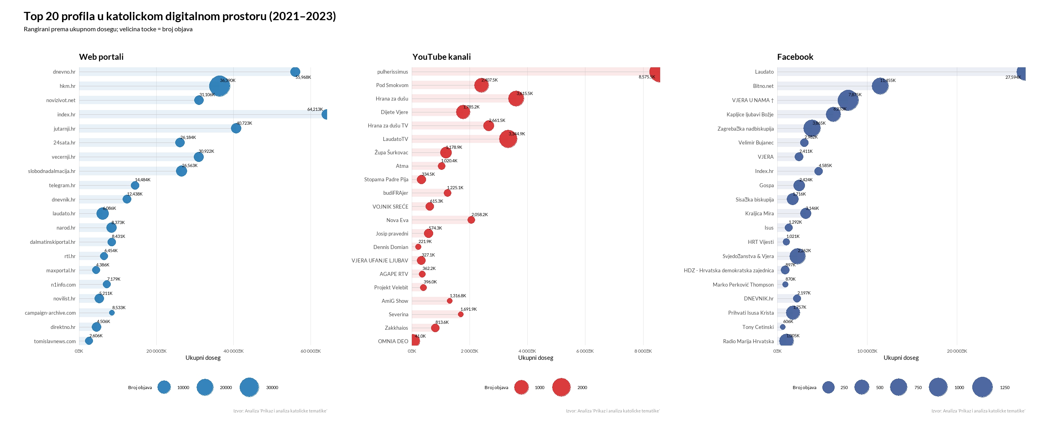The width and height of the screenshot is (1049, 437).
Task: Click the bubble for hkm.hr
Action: [220, 86]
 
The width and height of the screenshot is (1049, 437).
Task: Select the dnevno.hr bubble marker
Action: [295, 72]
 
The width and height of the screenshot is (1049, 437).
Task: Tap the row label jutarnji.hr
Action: [64, 129]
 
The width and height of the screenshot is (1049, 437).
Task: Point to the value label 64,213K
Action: [315, 109]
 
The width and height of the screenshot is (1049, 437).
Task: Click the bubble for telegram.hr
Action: [135, 186]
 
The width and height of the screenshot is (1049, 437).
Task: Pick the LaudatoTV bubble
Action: [508, 139]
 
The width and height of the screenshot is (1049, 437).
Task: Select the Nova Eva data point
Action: [471, 220]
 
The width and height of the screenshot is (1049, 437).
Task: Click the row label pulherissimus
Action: [392, 72]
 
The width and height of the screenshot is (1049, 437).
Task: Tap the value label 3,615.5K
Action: [524, 93]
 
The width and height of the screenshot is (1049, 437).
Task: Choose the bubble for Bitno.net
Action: [880, 86]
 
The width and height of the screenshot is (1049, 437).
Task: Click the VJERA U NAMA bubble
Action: [848, 100]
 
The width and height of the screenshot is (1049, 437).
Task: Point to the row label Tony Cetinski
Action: [757, 327]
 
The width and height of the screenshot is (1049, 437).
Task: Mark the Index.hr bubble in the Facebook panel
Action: [818, 171]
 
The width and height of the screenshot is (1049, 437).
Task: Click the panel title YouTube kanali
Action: [441, 57]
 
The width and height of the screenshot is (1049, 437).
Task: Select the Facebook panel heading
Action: [795, 57]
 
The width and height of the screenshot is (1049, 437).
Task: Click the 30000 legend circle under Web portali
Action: [249, 387]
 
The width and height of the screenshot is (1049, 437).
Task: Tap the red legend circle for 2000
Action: [561, 387]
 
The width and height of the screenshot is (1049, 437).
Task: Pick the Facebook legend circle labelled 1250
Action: [982, 387]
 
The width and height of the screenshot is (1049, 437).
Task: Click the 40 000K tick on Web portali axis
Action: [233, 351]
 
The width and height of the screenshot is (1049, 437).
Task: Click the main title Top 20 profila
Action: [180, 16]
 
